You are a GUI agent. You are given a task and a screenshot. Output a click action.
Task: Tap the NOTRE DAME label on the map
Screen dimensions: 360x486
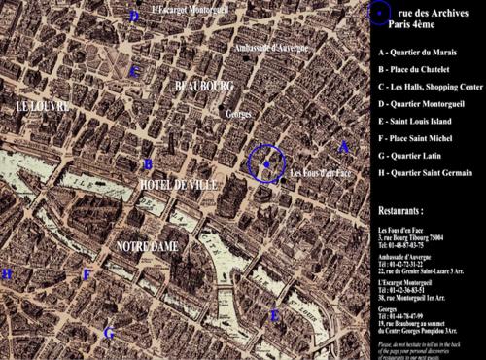(x=147, y=246)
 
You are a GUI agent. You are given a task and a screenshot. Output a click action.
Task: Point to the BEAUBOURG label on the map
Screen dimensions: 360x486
(x=204, y=87)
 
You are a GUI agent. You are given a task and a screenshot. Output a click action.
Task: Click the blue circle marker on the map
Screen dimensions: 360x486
(x=265, y=165)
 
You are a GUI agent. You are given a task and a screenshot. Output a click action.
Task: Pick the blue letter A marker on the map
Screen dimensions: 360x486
(x=342, y=147)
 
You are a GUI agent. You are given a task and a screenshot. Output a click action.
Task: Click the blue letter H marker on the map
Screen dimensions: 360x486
(x=8, y=274)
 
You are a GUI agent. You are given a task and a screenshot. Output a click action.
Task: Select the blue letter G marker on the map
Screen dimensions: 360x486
(x=109, y=334)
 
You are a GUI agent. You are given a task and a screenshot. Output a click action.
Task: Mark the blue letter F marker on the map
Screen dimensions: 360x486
(x=87, y=275)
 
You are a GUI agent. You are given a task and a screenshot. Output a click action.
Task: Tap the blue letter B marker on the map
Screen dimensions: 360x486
(x=148, y=164)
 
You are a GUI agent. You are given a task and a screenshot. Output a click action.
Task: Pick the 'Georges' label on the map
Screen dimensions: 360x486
(x=238, y=113)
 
